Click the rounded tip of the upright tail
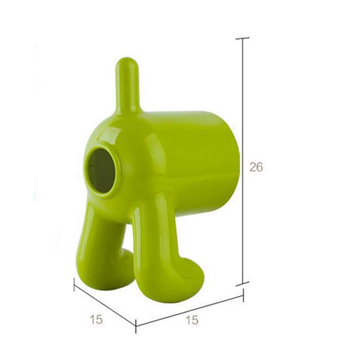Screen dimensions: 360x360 [126, 64]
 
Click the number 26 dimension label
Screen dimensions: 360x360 [256, 167]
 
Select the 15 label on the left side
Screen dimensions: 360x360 [96, 319]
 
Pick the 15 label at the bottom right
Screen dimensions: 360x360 [192, 320]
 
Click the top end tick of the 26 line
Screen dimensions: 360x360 [242, 38]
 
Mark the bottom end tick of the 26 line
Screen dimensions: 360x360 [242, 283]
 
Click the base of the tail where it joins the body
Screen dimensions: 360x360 [127, 108]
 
